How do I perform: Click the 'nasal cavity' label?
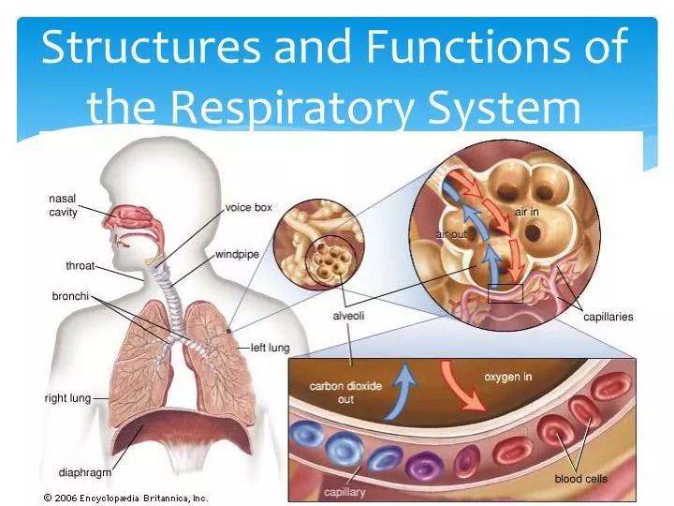pos(63,205)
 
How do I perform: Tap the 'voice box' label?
pos(249,207)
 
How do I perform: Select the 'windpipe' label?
pos(236,254)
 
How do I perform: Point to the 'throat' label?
pos(81,266)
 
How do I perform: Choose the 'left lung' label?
pos(270,348)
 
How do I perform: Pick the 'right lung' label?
pos(67,398)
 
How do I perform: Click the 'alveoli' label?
pos(348,316)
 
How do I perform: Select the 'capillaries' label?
pos(608,317)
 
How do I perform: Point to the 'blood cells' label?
pos(580,479)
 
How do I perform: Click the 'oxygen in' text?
pos(507,378)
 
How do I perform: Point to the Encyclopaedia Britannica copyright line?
pos(125,498)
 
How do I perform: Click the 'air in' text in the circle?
pos(528,213)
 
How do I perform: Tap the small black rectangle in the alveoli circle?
pos(505,293)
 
